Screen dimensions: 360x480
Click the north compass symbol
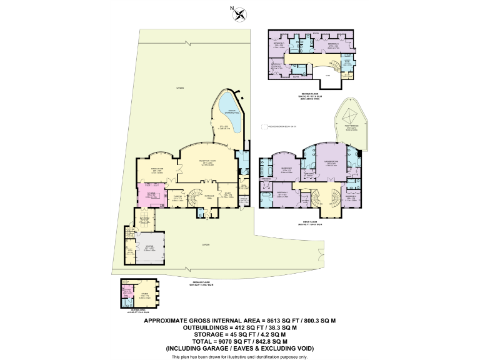[240, 12]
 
